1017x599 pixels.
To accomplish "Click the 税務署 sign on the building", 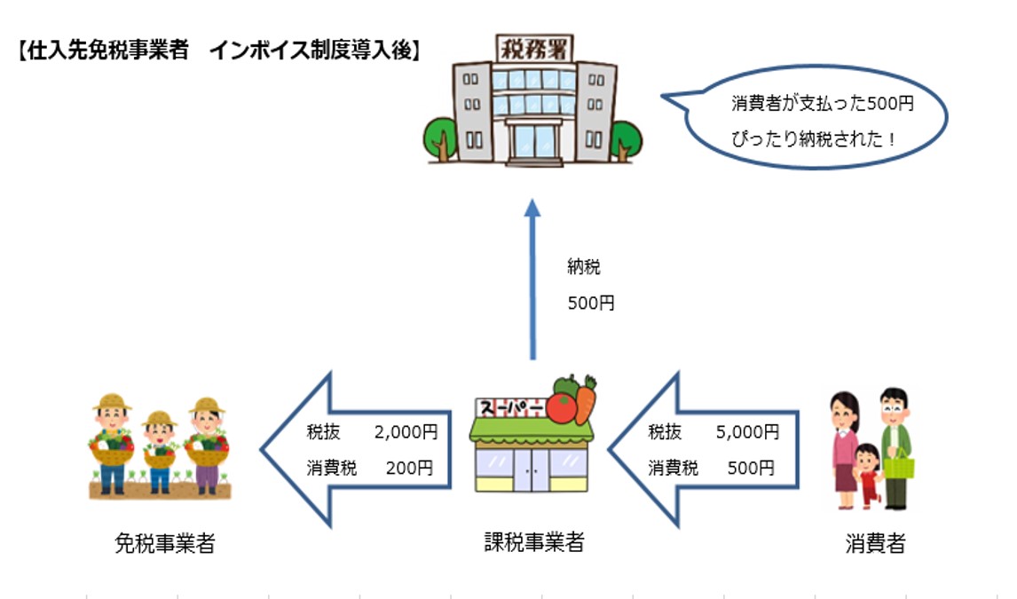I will point(534,46).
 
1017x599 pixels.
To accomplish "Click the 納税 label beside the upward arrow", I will point(584,265).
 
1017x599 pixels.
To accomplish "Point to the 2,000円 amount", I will point(406,432).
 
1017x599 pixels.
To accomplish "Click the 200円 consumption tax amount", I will point(410,467).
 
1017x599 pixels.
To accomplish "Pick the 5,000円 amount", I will point(747,432).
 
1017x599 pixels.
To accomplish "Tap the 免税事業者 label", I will point(165,543).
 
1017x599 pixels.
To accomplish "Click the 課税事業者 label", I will point(534,541).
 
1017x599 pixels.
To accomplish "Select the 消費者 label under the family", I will point(874,543).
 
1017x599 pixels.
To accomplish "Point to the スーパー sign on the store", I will point(510,408).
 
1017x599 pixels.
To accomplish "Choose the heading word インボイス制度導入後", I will point(312,51).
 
